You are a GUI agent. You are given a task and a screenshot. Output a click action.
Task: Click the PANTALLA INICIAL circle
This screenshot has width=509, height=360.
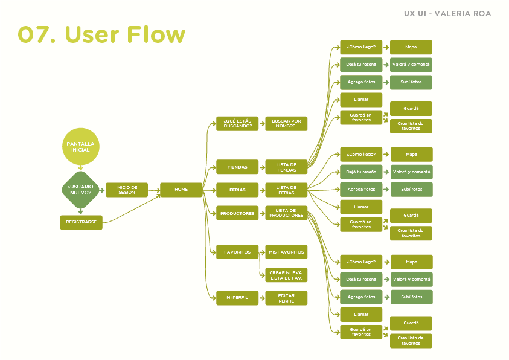coord(80,146)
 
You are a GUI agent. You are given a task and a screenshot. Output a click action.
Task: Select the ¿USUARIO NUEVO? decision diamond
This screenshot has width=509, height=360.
coord(80,189)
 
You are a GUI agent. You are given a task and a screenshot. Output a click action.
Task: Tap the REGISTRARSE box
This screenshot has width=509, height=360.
coord(82,222)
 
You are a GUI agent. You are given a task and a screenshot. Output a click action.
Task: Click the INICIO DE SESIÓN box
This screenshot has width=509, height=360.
coord(127,190)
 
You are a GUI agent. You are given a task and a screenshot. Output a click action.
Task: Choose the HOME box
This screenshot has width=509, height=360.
coord(181,190)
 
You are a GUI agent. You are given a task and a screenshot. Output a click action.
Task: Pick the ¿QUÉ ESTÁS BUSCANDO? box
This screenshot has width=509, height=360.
coord(237,124)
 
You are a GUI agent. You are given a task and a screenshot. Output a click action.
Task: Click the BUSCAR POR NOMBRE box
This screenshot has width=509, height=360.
coord(286,124)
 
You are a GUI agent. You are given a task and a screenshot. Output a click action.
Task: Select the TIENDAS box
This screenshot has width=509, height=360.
coord(237,167)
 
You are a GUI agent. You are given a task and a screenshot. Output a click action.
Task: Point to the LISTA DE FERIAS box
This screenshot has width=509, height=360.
coord(286,190)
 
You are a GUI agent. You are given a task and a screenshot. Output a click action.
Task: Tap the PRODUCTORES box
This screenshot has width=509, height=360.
coord(237,213)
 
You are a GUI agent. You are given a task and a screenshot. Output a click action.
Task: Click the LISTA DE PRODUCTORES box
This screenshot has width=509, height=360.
coord(286,213)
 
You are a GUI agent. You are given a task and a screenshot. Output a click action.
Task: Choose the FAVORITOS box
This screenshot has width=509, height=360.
coord(237,252)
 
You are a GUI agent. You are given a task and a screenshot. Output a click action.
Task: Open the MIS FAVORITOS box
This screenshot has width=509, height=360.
coord(286,252)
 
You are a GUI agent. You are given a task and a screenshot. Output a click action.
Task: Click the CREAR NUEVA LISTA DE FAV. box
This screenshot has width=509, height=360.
coord(286,275)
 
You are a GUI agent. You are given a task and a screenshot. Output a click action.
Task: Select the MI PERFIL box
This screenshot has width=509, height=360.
coord(237,298)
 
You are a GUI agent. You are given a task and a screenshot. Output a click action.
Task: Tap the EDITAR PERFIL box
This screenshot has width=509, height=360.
coord(286,298)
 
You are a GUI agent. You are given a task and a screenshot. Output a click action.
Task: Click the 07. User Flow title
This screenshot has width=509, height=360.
coord(101,34)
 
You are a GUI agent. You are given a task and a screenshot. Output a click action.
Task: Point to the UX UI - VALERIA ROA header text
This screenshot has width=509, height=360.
coord(447,14)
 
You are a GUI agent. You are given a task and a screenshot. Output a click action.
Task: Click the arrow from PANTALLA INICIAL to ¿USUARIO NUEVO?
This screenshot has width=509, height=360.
coord(80,168)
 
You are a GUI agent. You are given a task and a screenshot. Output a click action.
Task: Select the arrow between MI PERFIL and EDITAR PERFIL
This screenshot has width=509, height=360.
coord(262,298)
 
